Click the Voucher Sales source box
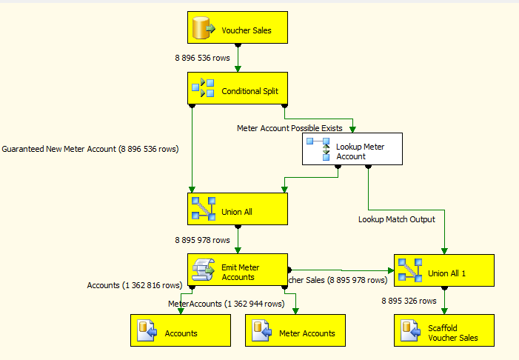coord(236,30)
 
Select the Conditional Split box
coord(236,91)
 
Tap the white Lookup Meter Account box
coord(352,151)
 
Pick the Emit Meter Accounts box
coord(236,272)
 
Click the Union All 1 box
coord(443,273)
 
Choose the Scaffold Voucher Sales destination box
coord(443,333)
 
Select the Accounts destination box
coord(181,333)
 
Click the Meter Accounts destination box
coord(295,333)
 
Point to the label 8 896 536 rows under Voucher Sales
coord(202,57)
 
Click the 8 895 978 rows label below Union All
coord(202,240)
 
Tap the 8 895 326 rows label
coord(409,301)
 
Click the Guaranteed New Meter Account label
coord(90,149)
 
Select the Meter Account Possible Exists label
coord(289,128)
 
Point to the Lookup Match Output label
coord(397,219)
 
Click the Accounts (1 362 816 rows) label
coord(134,285)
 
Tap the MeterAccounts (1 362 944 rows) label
coord(226,304)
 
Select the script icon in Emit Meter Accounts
coord(203,272)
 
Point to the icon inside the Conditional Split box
coord(203,91)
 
